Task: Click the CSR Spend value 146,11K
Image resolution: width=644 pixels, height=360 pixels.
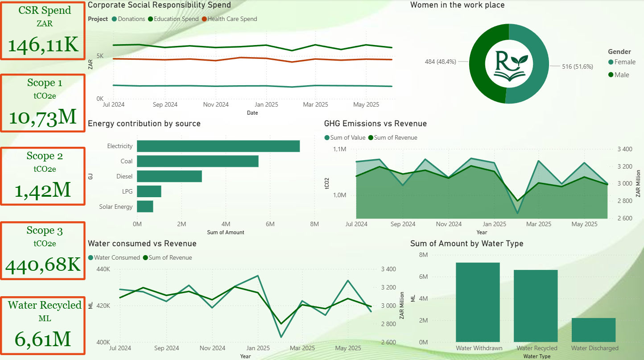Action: [43, 45]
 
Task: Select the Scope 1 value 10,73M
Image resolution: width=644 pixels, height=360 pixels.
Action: [43, 117]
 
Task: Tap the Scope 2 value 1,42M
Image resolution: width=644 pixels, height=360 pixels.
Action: [43, 190]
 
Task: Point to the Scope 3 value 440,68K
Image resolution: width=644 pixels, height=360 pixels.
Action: [43, 265]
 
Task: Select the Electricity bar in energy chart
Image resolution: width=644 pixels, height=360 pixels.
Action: [218, 146]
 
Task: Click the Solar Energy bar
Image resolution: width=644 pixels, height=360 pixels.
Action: [145, 207]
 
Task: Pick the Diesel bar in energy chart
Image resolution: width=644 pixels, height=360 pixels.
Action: [169, 176]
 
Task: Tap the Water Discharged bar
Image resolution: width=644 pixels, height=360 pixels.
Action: [593, 330]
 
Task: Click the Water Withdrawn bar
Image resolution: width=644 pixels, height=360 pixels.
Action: [478, 302]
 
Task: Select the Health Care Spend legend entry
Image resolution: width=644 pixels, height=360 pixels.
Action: [232, 19]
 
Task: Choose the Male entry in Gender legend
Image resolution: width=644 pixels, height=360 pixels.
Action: [621, 75]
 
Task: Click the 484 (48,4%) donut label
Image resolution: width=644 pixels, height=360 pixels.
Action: [440, 62]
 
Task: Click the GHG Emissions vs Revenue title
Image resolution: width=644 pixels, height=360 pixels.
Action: [375, 124]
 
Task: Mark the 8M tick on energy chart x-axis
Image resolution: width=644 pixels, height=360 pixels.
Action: [314, 224]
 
